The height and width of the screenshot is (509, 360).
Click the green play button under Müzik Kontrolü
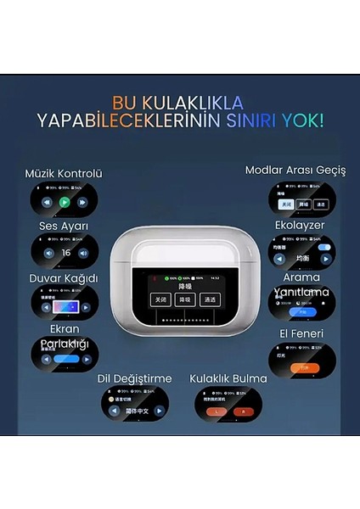[65, 203]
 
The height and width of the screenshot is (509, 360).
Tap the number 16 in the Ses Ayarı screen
[65, 253]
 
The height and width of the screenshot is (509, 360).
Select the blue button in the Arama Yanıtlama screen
[301, 311]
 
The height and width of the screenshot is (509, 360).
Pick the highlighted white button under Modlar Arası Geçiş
[287, 204]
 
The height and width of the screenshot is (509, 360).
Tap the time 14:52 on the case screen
[216, 277]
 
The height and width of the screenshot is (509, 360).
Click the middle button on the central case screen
[185, 299]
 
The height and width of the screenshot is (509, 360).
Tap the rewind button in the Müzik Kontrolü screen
[46, 203]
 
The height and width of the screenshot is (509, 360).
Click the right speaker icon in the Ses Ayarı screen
[83, 253]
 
